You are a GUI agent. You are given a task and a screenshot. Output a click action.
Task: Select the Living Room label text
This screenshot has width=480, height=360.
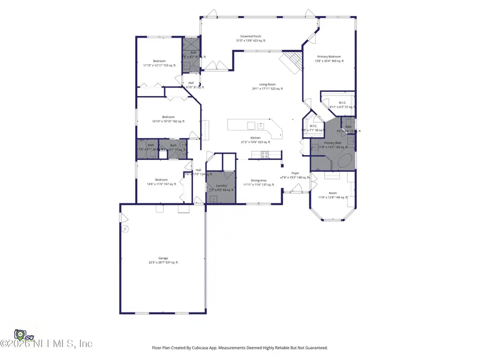point(267,86)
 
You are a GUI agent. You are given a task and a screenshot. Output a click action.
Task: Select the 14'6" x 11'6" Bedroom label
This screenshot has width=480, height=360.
point(162,181)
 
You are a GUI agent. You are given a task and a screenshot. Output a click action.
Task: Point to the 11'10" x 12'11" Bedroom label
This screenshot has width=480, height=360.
point(159,63)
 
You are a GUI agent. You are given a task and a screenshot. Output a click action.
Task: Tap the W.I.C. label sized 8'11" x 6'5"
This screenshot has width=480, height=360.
point(342,105)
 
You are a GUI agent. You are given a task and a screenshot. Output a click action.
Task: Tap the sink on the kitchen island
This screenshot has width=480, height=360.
point(261,126)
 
